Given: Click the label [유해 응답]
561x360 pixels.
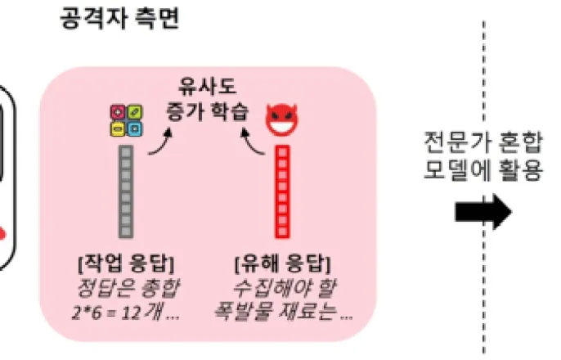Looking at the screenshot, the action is click(282, 264).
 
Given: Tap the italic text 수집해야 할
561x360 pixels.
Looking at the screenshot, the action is click(282, 289).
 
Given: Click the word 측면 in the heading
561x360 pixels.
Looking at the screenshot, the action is click(157, 19).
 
